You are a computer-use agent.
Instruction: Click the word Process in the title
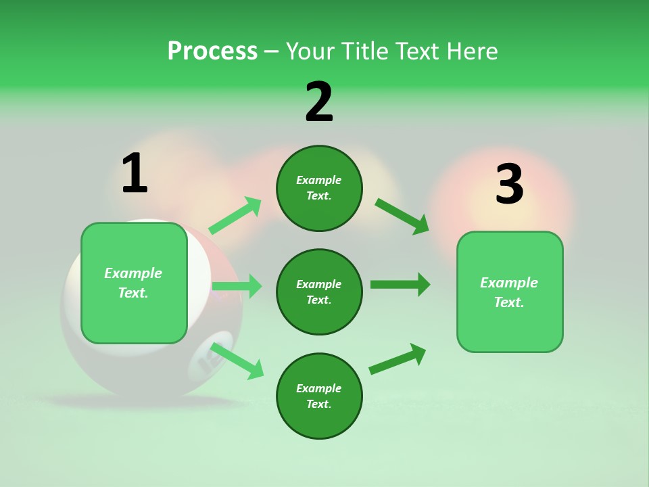point(212,51)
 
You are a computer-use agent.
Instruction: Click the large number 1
point(134,174)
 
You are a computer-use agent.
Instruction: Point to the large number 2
point(319,102)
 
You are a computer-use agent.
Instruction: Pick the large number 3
point(509,185)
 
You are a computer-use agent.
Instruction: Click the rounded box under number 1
point(134,283)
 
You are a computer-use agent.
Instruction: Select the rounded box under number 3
point(510,292)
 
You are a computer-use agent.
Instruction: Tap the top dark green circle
point(319,188)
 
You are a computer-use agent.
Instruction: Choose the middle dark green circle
point(319,292)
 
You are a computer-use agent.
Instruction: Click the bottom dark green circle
point(319,396)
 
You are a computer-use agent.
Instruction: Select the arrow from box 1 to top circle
point(235,216)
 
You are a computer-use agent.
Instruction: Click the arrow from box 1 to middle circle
point(237,286)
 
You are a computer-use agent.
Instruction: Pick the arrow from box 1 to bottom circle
point(237,361)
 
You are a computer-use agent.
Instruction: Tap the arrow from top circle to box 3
point(402,216)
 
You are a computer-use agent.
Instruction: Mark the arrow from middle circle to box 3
point(400,285)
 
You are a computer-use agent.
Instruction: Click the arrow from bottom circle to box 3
point(398,358)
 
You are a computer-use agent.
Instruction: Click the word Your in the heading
point(310,51)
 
